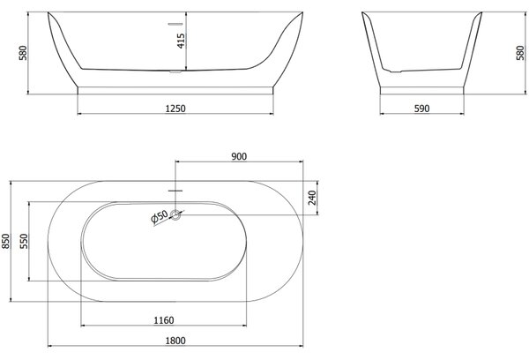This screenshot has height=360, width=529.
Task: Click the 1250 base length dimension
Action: click(175, 109)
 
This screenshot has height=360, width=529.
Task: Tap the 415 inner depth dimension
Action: click(181, 41)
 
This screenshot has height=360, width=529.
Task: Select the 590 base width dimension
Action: click(421, 109)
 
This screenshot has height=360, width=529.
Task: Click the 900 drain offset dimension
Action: click(239, 156)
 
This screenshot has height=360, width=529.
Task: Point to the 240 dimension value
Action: click(312, 198)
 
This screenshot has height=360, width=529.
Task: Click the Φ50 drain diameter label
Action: click(160, 216)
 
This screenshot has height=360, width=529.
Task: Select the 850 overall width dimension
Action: click(6, 241)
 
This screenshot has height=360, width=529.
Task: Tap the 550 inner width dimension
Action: click(24, 241)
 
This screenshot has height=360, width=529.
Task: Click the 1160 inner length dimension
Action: click(164, 320)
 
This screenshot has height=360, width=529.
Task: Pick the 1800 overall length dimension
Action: click(175, 341)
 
